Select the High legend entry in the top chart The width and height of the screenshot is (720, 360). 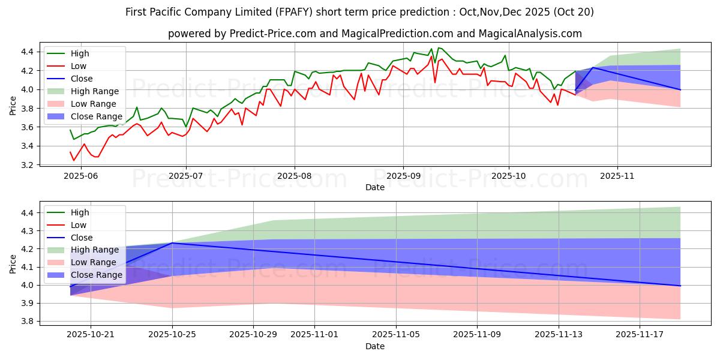80,53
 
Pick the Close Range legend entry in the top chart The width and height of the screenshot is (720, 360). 97,116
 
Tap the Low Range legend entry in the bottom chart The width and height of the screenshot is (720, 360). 95,263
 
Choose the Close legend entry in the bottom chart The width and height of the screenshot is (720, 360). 82,238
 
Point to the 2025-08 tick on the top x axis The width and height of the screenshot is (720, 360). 294,175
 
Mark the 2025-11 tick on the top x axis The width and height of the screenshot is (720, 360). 617,175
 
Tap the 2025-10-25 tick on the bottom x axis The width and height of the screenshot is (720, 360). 172,335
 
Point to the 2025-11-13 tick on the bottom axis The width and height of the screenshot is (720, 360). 559,335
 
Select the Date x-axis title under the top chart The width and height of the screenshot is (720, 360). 375,187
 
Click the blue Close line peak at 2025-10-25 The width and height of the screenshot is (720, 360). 172,243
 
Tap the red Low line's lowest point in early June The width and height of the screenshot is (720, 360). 74,160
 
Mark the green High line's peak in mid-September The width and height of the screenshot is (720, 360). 439,48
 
